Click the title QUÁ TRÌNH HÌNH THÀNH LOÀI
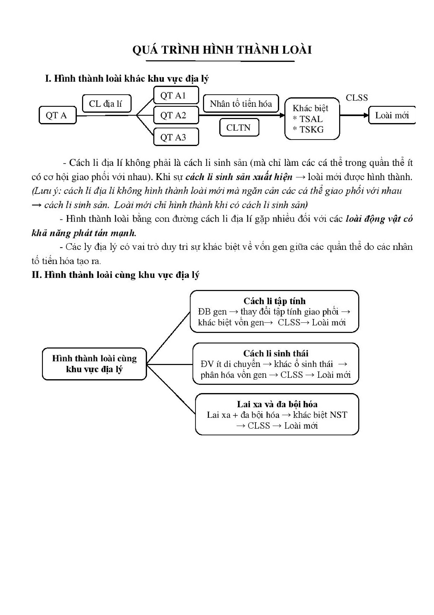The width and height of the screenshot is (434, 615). (x=222, y=50)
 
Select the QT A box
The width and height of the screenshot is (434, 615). (x=58, y=115)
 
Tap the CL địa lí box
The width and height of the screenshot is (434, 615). (x=106, y=103)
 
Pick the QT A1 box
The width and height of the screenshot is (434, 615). (x=176, y=95)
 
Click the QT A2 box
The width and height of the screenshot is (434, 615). (x=176, y=115)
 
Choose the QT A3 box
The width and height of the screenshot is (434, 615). (x=176, y=137)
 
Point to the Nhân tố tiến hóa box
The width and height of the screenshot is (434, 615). (x=241, y=103)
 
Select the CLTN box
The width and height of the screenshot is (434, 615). (x=239, y=127)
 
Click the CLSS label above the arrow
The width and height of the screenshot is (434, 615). (x=356, y=97)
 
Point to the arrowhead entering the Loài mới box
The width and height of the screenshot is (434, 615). (x=366, y=115)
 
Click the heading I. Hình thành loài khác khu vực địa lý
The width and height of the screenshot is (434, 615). (x=127, y=79)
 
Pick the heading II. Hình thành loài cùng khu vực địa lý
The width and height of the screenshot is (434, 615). (x=115, y=275)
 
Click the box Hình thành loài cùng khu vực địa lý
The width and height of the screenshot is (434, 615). (x=94, y=364)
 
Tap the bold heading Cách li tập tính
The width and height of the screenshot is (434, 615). (x=274, y=301)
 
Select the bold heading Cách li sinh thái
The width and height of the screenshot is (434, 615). (x=276, y=353)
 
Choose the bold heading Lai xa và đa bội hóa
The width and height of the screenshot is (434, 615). (x=277, y=404)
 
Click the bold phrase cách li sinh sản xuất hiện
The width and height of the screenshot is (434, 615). (x=239, y=177)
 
